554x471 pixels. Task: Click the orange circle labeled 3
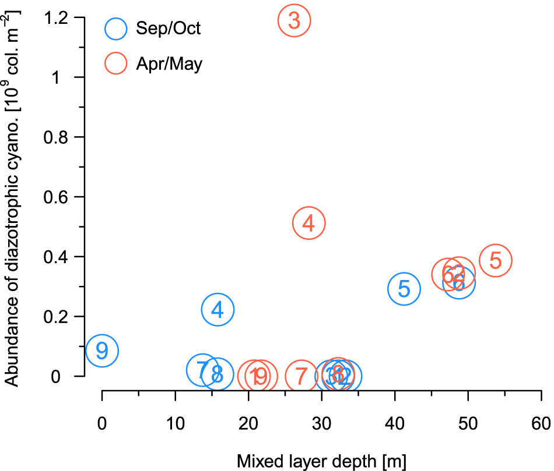coord(294,20)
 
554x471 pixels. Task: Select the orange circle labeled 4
coord(309,223)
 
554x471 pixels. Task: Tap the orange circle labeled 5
coord(496,260)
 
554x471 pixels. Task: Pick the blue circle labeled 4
coord(218,309)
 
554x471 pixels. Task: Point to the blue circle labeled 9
coord(102,350)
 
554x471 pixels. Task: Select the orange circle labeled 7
coord(301,377)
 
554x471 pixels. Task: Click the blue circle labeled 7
coord(202,370)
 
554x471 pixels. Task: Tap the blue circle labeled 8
coord(218,374)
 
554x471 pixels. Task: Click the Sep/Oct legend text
coord(168,28)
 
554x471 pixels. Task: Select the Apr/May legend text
coord(169,63)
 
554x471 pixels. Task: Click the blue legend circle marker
coord(116,28)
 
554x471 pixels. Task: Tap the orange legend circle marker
coord(116,63)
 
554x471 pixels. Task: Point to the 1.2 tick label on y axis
coord(57,19)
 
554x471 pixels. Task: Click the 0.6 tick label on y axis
coord(57,197)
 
